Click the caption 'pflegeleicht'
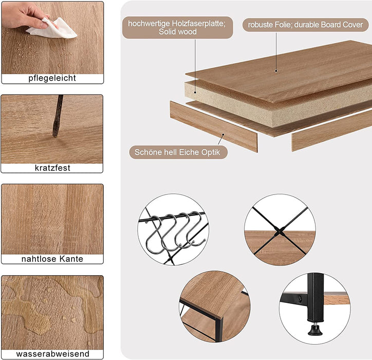tap(52, 78)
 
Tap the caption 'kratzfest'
tap(52, 168)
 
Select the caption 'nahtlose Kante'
tap(52, 259)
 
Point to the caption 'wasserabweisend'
tap(53, 354)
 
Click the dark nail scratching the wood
tap(58, 116)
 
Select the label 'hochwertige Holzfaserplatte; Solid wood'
tap(177, 28)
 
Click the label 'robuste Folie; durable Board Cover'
tap(305, 25)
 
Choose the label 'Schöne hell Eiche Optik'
tap(178, 152)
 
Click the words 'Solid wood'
tap(178, 31)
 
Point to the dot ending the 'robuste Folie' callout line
tap(276, 71)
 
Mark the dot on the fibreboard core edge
tap(195, 93)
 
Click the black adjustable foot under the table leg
tap(315, 330)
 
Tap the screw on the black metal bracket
tap(300, 298)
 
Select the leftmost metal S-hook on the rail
tap(154, 235)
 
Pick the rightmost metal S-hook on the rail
tap(195, 228)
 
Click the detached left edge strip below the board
tap(214, 127)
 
